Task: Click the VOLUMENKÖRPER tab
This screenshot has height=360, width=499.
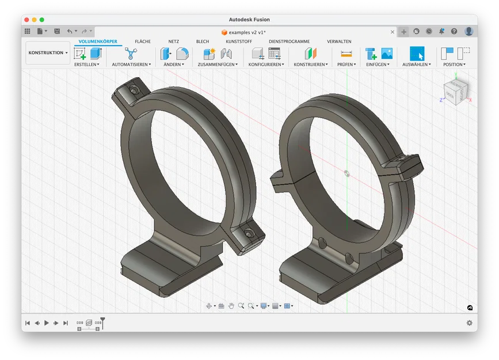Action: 98,41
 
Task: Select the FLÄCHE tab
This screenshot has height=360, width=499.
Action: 143,41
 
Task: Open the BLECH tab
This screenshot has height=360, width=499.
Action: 203,41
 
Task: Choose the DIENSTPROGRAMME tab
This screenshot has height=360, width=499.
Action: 289,41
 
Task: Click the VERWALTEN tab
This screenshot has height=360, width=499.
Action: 339,41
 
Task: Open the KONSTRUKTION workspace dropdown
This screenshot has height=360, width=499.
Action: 48,53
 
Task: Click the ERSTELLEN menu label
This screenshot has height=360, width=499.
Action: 86,65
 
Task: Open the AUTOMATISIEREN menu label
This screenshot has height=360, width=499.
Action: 131,65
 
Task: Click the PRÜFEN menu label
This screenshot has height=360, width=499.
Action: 346,65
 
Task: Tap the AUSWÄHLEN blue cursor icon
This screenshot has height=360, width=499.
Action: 417,54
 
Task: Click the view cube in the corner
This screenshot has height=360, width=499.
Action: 455,92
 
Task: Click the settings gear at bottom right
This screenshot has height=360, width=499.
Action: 469,323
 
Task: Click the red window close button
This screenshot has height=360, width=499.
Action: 26,20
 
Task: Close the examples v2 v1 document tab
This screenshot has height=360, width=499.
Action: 393,32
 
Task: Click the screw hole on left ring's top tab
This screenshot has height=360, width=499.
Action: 134,90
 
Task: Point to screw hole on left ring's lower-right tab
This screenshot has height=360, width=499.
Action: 248,234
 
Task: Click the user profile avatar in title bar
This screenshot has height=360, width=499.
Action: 469,31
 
